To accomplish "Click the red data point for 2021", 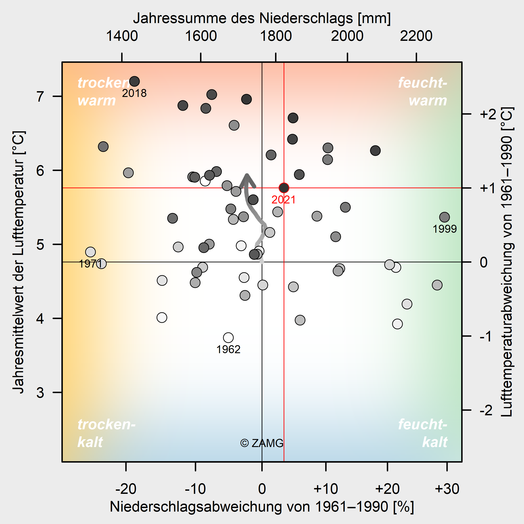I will (x=284, y=188).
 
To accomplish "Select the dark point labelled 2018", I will (x=134, y=81).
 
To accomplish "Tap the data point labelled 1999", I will (x=444, y=217).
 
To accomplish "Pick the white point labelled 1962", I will (x=228, y=338).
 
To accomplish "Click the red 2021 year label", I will (x=284, y=200).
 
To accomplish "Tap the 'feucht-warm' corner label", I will (x=423, y=91).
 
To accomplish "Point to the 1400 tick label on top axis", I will (x=122, y=36).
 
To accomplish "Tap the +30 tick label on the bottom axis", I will (x=447, y=489).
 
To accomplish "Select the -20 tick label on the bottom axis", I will (x=126, y=489).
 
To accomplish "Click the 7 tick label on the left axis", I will (x=40, y=97).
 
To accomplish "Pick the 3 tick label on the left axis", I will (x=40, y=392).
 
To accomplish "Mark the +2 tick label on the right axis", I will (x=488, y=114).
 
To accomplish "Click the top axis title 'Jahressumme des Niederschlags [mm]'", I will (x=262, y=18).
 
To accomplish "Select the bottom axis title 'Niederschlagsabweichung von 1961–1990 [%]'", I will (x=262, y=507).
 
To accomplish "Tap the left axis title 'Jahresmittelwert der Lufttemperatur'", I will (x=19, y=262).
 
